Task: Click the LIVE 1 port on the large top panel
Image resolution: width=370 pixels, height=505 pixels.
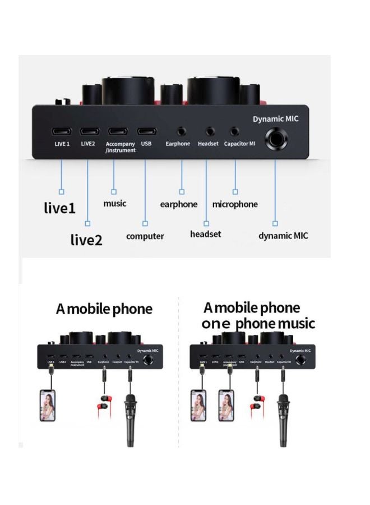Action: point(61,132)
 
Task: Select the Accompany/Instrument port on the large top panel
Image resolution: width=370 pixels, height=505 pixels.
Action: point(117,132)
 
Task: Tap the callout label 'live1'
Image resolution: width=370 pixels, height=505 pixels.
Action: point(59,208)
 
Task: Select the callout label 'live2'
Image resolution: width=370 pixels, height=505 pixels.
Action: point(86,240)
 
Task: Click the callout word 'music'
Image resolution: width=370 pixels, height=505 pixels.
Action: point(114,203)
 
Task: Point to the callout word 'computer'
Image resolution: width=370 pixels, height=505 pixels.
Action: point(145,236)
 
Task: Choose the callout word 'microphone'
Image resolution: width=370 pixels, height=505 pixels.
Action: point(235,204)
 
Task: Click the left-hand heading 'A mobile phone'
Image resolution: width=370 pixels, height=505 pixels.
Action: point(104,309)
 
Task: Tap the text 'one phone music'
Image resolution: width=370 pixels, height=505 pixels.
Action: point(258,324)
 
